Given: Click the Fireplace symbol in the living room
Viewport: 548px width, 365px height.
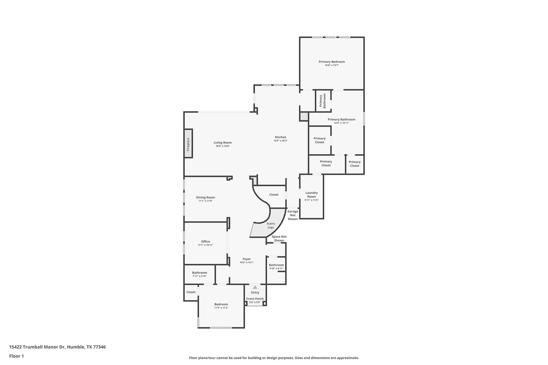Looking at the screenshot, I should coord(188,144).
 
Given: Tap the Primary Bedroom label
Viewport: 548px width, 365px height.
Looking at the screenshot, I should coord(332,62).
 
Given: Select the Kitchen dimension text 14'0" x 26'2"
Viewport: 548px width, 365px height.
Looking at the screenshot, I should coord(280,141).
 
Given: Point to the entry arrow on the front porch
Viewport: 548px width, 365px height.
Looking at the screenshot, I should coord(255,287).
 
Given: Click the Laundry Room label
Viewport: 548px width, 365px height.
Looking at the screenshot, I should coord(311,194).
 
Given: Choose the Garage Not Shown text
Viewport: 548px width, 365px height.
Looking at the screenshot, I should coord(292,215).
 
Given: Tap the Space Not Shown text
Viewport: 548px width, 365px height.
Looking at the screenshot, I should coord(279,238).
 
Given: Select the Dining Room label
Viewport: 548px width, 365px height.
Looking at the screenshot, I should coord(205,197).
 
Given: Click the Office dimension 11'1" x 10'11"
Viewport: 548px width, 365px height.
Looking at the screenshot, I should coord(205,245).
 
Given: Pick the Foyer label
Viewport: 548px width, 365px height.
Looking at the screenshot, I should coord(246,259).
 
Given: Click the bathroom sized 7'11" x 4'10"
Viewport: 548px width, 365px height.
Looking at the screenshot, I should coord(199,274).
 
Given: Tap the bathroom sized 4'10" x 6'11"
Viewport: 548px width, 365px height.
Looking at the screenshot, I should coord(276,267).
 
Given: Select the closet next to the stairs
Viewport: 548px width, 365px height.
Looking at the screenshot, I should coord(273,195).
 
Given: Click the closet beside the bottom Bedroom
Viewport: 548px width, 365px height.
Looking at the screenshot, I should coord(191,292).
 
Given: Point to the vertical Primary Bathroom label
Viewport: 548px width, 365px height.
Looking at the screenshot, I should coord(322,101).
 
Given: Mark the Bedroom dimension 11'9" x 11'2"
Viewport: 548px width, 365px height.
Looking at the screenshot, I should coord(221,308).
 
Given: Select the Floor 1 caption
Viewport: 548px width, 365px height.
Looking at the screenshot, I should coord(16,356).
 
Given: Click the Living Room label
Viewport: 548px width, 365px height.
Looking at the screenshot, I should coord(222,143).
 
